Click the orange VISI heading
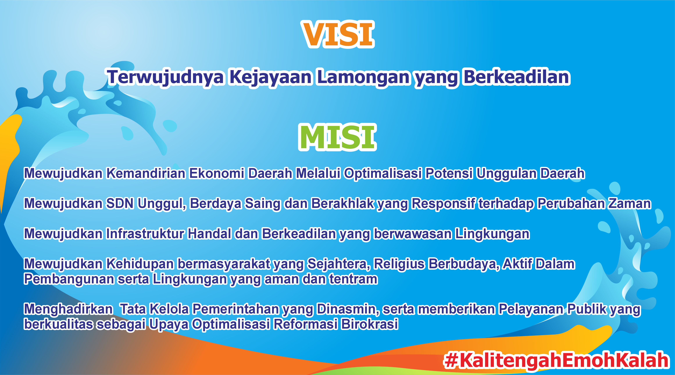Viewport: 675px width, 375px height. click(x=338, y=34)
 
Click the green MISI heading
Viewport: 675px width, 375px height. click(x=337, y=137)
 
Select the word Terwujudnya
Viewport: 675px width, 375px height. click(x=166, y=78)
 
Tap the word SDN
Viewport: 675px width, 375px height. click(x=120, y=203)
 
